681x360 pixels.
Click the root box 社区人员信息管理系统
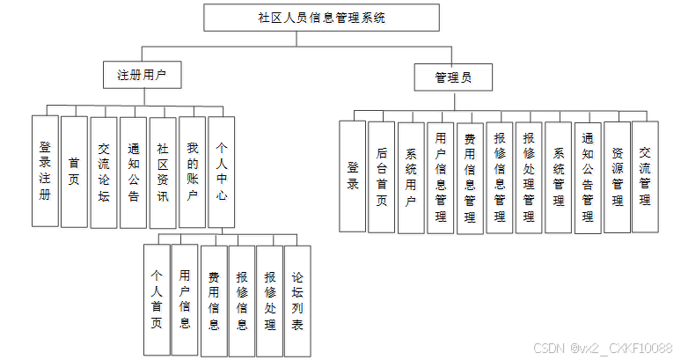pos(321,18)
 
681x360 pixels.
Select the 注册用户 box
pos(142,76)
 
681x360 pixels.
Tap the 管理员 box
pos(452,77)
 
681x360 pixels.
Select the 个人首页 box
pos(157,299)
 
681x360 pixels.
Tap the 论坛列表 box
pos(298,299)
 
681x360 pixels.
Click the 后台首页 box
pos(382,176)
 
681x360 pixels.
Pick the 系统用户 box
pos(411,176)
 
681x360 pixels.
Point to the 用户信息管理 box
pos(441,176)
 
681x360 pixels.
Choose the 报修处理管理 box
pos(529,176)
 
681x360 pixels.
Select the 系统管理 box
pos(558,176)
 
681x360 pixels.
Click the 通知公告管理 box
pos(588,176)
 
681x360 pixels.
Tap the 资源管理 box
pos(618,176)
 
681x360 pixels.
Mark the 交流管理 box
pos(645,176)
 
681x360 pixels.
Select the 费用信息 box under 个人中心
pos(213,299)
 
